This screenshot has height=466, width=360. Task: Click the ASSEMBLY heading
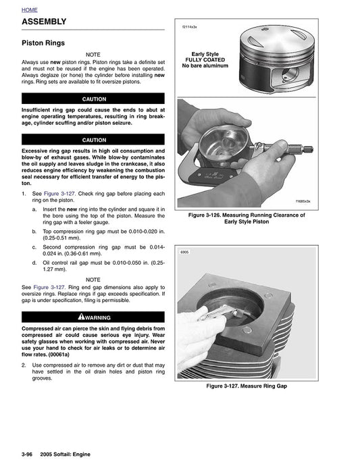(x=45, y=22)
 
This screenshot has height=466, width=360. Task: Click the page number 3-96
(x=29, y=454)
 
